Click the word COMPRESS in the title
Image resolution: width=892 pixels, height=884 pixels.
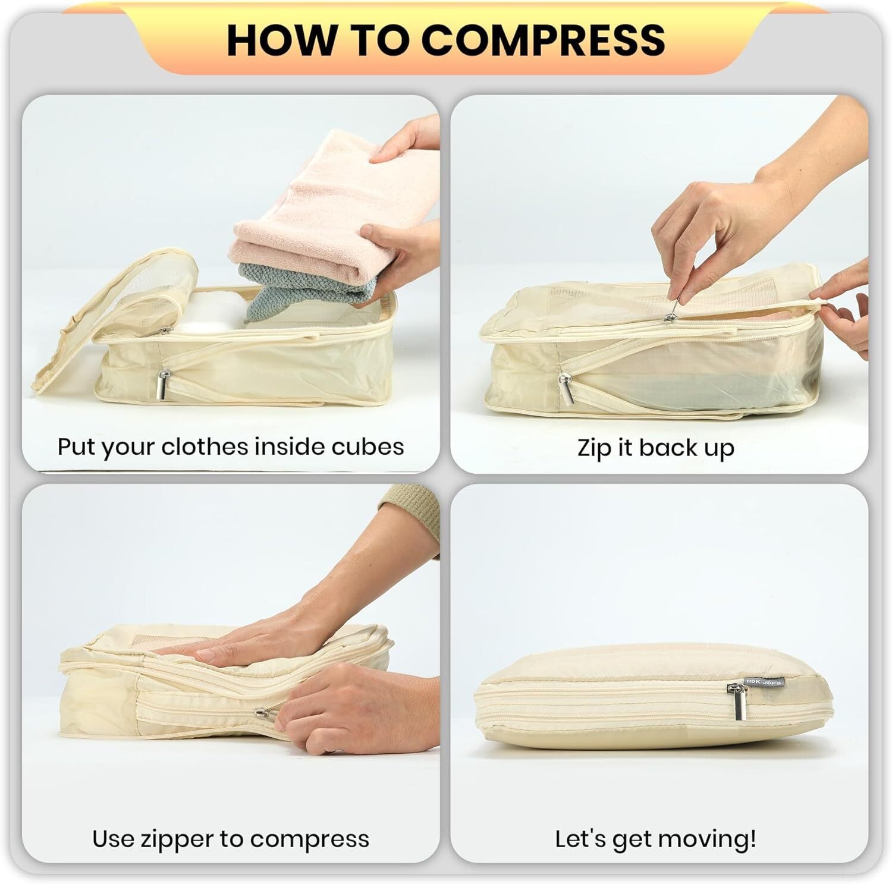point(544,40)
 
